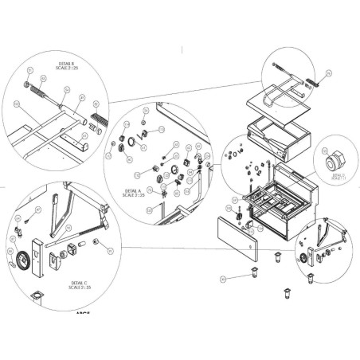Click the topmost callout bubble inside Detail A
tap(144, 110)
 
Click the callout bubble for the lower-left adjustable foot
tap(224, 279)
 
